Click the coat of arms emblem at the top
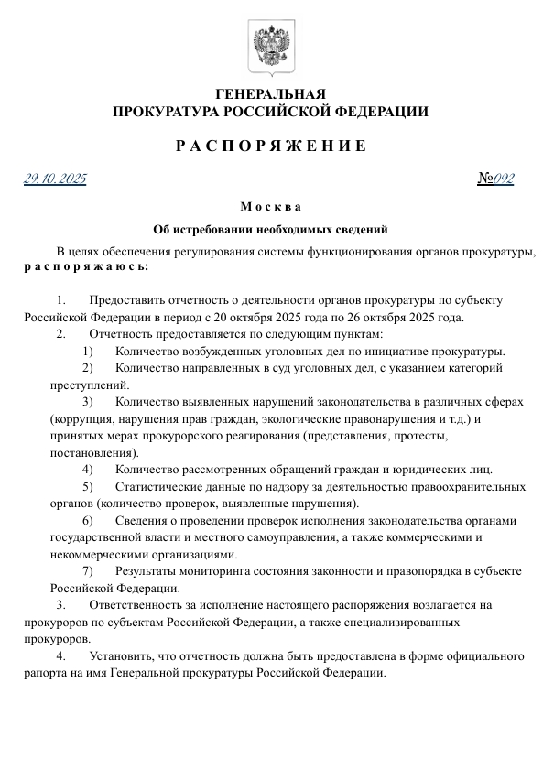pos(271,47)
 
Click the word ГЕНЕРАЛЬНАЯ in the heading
pos(270,94)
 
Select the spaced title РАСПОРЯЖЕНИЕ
pos(271,146)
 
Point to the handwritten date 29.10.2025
pos(55,179)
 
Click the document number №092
pos(495,179)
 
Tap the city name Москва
pos(271,207)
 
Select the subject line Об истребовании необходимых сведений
pos(271,229)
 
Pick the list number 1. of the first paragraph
pos(60,300)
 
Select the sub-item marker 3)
pos(88,402)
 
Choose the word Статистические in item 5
pos(157,486)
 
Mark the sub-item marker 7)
pos(88,571)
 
